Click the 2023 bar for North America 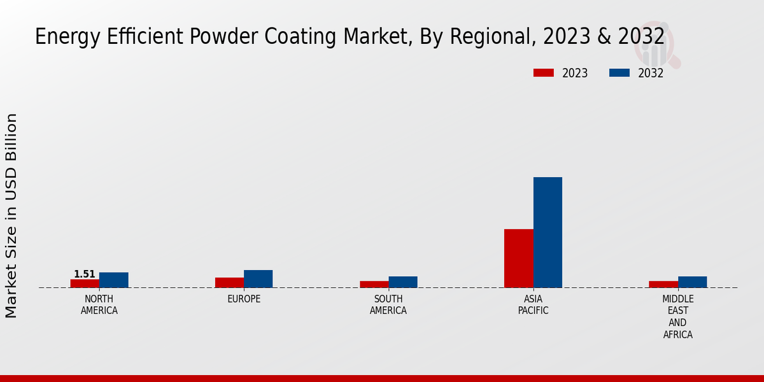(x=85, y=283)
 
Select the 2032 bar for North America (x=114, y=280)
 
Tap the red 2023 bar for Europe (x=229, y=283)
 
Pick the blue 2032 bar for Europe (x=258, y=279)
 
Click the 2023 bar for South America (x=374, y=284)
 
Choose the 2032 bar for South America (x=403, y=282)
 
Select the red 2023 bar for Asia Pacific (x=519, y=258)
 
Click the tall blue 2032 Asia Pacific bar (x=548, y=232)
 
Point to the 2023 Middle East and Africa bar (x=663, y=284)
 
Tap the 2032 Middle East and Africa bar (x=693, y=282)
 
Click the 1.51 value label (x=85, y=274)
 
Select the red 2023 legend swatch (x=544, y=73)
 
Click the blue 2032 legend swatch (x=619, y=73)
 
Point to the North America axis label (x=99, y=305)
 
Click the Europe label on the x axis (x=244, y=299)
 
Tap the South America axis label (x=388, y=305)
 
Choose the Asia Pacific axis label (x=533, y=305)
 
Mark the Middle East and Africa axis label (x=678, y=317)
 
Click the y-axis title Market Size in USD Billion (x=11, y=215)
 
